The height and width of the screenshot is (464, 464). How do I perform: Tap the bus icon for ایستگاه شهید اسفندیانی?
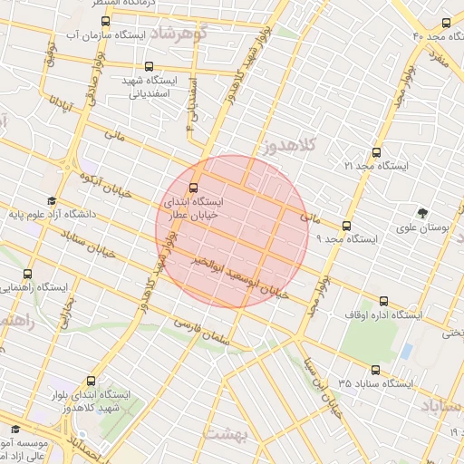150,66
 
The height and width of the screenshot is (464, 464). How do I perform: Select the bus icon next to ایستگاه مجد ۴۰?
445,23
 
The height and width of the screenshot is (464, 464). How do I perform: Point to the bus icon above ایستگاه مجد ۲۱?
376,153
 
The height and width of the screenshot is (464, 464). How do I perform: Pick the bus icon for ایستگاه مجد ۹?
346,226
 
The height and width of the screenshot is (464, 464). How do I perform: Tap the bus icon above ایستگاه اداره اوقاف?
383,301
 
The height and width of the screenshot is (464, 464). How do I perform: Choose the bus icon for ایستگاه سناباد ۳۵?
376,369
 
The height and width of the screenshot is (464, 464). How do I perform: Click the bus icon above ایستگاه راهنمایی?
26,273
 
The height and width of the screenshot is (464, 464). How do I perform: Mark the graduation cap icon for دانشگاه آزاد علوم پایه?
52,201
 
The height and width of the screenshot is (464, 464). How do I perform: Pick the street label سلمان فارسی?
203,330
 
